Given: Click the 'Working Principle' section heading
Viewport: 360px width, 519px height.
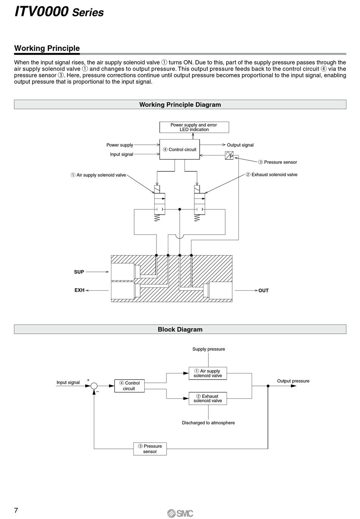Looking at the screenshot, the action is click(47, 48).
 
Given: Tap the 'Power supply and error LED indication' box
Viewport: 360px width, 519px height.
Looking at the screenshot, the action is click(194, 127).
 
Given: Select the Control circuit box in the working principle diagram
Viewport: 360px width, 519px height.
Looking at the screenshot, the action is click(180, 149).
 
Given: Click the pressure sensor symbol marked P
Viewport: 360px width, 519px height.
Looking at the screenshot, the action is click(229, 155).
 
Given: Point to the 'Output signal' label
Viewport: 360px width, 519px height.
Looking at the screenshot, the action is click(240, 145).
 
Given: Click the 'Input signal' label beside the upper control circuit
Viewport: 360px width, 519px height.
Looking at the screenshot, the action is click(122, 154).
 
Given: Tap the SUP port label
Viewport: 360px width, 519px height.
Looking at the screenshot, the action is click(79, 272).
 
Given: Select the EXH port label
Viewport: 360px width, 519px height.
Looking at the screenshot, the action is click(80, 290).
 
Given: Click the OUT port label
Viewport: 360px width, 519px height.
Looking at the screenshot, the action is click(263, 290).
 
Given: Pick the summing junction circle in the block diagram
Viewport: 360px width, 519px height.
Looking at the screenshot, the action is click(94, 386).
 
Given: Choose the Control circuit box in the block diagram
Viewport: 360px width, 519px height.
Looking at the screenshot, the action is click(130, 386).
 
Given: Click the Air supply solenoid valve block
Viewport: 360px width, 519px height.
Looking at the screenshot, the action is click(208, 373).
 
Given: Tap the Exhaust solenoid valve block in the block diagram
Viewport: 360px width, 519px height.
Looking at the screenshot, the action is click(208, 398).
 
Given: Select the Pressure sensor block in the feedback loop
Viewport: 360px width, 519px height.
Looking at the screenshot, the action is click(150, 449).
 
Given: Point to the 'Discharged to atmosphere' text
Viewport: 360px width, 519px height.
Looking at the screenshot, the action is click(208, 423).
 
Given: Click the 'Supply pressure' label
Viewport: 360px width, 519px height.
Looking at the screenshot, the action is click(208, 349).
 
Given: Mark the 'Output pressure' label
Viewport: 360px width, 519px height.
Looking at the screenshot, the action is click(293, 381).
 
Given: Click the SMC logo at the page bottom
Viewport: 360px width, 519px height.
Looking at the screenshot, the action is click(180, 513).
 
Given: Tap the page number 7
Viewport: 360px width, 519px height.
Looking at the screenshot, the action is click(16, 510).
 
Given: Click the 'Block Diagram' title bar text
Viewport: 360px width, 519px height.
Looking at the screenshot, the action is click(180, 329).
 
